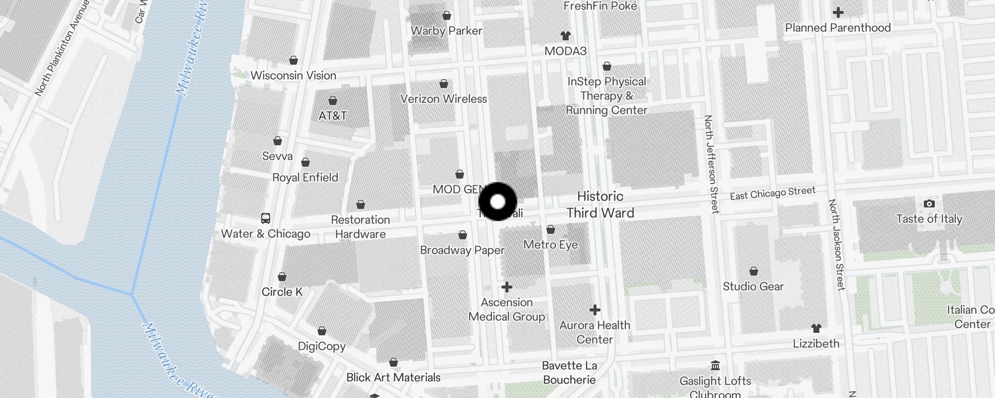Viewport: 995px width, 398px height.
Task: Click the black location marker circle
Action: point(497,201)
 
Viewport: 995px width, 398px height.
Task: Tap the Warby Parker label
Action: point(446,31)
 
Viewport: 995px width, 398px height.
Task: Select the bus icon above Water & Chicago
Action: point(266,218)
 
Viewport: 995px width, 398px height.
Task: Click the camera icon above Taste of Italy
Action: point(929,203)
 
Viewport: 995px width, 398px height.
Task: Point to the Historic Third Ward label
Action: point(600,204)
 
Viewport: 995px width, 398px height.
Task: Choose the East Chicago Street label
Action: point(773,193)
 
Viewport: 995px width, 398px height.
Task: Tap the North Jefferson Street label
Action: point(711,164)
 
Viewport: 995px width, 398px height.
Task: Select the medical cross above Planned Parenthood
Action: point(838,12)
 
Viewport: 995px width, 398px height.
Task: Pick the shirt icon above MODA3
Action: point(565,36)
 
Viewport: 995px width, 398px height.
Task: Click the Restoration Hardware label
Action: point(360,227)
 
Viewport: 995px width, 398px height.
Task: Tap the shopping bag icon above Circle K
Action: point(282,277)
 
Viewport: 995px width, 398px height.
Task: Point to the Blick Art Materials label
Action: point(393,378)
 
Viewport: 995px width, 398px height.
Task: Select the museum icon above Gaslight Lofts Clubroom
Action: point(715,366)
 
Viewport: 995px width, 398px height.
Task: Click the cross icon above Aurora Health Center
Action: point(595,310)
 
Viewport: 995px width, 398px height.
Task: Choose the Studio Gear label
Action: point(753,287)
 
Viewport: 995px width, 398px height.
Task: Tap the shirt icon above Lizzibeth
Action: point(816,328)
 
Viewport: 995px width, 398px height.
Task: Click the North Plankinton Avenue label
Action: point(62,48)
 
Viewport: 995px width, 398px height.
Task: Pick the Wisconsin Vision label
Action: point(293,76)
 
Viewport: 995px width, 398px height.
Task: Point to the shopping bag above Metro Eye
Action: point(551,230)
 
